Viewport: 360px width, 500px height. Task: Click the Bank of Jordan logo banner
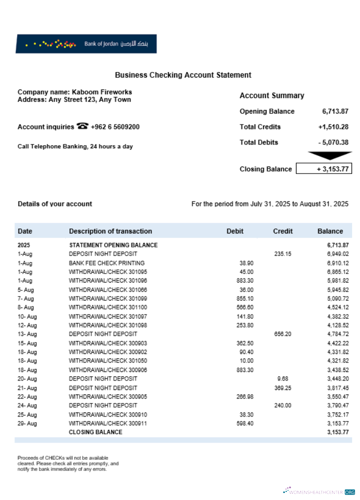click(x=86, y=44)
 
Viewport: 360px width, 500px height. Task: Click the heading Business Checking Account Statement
click(x=183, y=75)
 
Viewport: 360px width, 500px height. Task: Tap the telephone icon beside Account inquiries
click(x=82, y=126)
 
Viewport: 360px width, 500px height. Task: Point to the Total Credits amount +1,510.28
click(x=333, y=127)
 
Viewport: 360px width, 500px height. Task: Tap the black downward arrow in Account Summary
click(x=329, y=156)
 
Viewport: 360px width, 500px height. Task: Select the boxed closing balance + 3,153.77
click(x=324, y=169)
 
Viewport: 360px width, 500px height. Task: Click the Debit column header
click(x=235, y=231)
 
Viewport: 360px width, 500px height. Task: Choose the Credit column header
click(x=283, y=231)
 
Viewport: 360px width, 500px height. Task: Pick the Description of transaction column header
click(x=110, y=231)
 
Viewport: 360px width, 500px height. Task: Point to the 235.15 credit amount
click(x=283, y=254)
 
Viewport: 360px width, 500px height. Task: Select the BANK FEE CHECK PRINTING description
click(x=106, y=263)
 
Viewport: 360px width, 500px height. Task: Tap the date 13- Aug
click(x=27, y=334)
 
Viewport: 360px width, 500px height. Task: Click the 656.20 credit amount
click(x=283, y=334)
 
